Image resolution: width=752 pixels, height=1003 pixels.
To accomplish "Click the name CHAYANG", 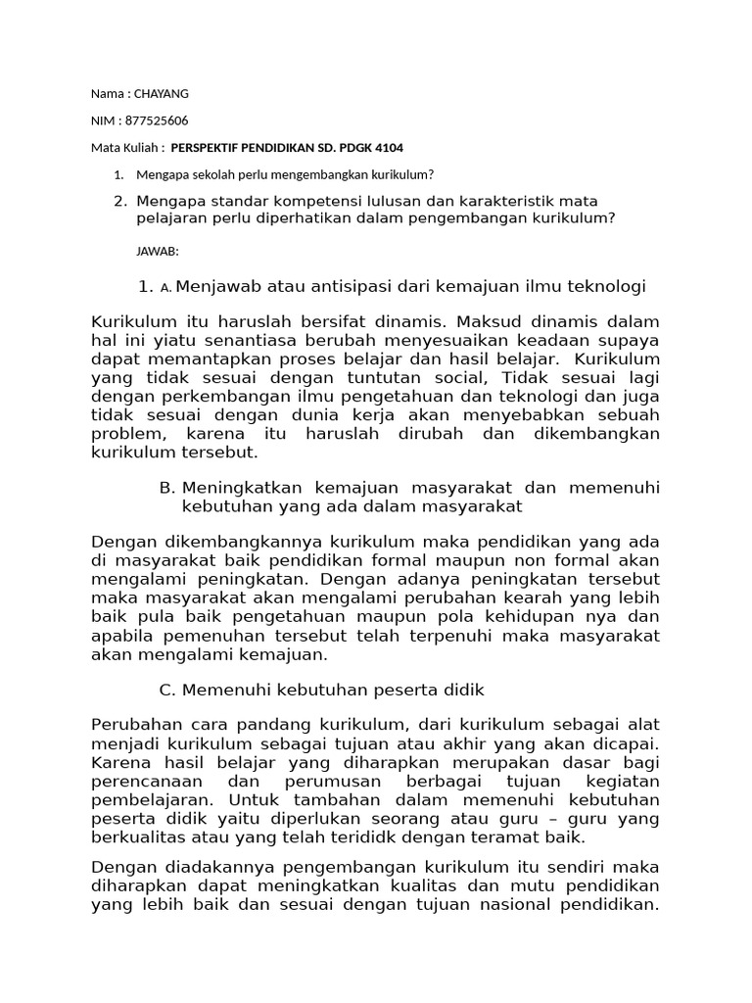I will [161, 94].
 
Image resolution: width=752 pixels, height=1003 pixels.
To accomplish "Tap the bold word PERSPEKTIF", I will [209, 147].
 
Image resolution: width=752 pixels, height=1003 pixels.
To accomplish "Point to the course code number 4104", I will [386, 147].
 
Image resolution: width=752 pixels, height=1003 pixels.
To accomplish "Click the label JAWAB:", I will [157, 252].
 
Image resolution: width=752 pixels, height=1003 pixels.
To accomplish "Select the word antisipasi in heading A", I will [348, 286].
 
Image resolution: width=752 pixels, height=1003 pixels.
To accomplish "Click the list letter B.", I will [165, 488].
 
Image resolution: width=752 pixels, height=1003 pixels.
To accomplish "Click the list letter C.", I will [165, 691].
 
